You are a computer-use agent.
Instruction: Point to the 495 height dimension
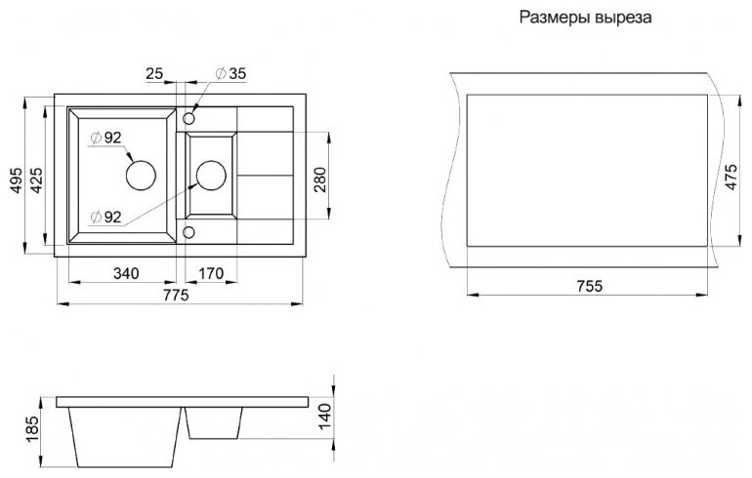[x=13, y=179]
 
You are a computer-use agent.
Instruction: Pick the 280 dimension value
[x=321, y=178]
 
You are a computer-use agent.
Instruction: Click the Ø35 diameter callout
[x=227, y=73]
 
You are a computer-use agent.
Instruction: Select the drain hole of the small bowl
[x=211, y=176]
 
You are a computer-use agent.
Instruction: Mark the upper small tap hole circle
[x=188, y=118]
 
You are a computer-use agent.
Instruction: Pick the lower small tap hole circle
[x=188, y=232]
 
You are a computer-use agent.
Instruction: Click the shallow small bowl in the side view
[x=213, y=421]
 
